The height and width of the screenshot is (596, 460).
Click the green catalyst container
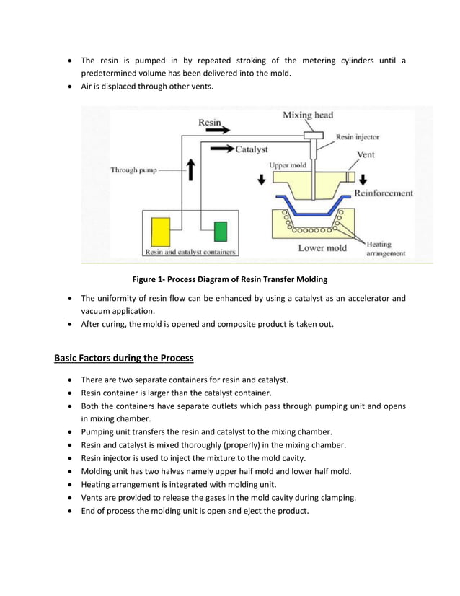click(x=221, y=232)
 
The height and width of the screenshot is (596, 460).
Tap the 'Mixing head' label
click(x=308, y=115)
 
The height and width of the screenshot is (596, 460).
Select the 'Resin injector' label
click(x=358, y=136)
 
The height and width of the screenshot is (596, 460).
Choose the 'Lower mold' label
click(x=322, y=248)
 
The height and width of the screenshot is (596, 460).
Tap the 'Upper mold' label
click(x=288, y=165)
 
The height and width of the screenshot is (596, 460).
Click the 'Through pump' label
click(x=133, y=170)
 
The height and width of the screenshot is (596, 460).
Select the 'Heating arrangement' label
click(x=386, y=249)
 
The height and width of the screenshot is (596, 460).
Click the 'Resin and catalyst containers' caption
click(x=190, y=253)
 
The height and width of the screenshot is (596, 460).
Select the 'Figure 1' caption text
click(x=229, y=279)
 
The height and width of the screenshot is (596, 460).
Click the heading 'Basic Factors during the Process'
click(x=124, y=358)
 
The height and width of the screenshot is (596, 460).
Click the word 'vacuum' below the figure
click(x=98, y=311)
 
